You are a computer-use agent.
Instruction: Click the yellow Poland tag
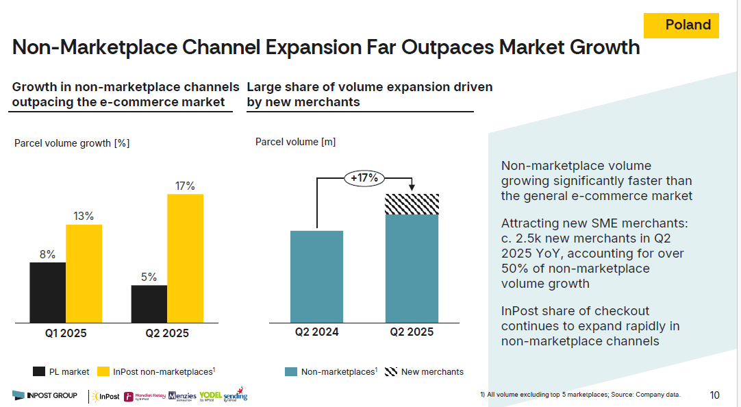pyautogui.click(x=681, y=25)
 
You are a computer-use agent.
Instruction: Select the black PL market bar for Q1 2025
pyautogui.click(x=47, y=292)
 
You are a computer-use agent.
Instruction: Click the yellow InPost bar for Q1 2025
pyautogui.click(x=84, y=273)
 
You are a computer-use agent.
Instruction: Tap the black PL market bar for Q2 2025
pyautogui.click(x=149, y=304)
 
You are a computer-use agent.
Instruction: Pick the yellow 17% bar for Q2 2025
pyautogui.click(x=185, y=258)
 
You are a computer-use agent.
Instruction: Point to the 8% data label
pyautogui.click(x=47, y=254)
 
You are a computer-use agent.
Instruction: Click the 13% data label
pyautogui.click(x=84, y=217)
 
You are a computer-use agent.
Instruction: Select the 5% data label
pyautogui.click(x=149, y=277)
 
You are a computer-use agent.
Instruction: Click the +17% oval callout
pyautogui.click(x=364, y=178)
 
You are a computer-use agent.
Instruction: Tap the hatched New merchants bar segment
pyautogui.click(x=412, y=204)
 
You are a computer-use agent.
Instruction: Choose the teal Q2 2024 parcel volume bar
pyautogui.click(x=316, y=276)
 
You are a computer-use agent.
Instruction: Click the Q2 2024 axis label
pyautogui.click(x=316, y=332)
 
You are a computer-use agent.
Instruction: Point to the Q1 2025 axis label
pyautogui.click(x=66, y=334)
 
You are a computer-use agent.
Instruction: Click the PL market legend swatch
pyautogui.click(x=39, y=372)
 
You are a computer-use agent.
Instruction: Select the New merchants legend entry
pyautogui.click(x=424, y=372)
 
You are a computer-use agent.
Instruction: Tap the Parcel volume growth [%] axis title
pyautogui.click(x=72, y=143)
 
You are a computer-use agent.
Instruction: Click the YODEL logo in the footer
pyautogui.click(x=210, y=396)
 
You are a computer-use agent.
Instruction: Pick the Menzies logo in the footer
pyautogui.click(x=181, y=396)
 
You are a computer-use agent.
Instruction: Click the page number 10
pyautogui.click(x=714, y=395)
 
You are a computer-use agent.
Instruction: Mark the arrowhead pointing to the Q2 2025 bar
pyautogui.click(x=412, y=188)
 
